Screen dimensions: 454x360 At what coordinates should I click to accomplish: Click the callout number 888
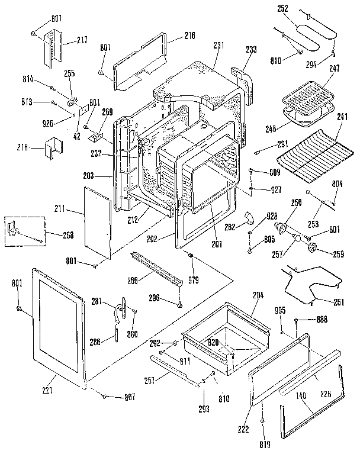pos(323,320)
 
